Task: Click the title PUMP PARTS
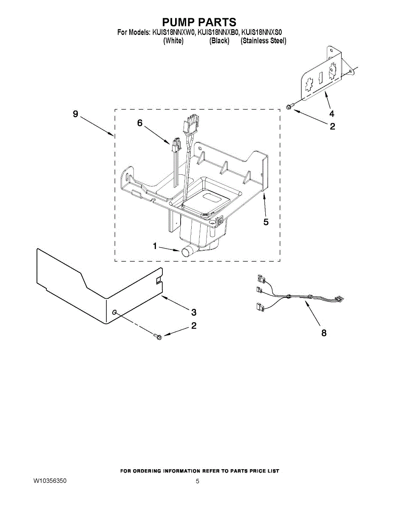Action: (x=199, y=22)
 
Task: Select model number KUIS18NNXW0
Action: (x=173, y=32)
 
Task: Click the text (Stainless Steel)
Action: (x=263, y=41)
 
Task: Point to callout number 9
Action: (x=76, y=114)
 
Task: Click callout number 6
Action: (x=139, y=123)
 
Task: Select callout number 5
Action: (x=266, y=222)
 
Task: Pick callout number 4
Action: (x=332, y=113)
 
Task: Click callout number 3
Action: (x=194, y=312)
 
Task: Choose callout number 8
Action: (x=324, y=333)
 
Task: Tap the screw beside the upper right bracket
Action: (x=289, y=106)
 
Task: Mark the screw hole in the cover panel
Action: (x=114, y=312)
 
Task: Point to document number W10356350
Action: (x=50, y=481)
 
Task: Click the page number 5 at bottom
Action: (x=197, y=482)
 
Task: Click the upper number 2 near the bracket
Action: (x=332, y=126)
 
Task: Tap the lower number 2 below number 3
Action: (x=194, y=326)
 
